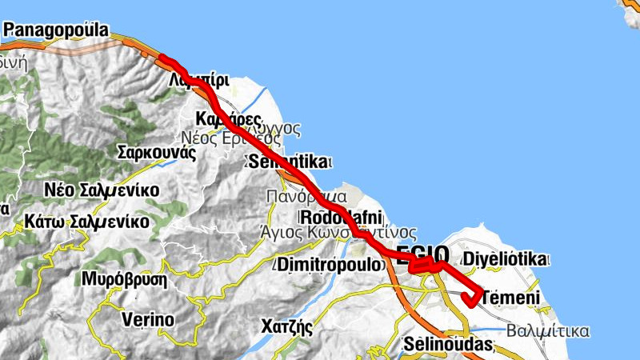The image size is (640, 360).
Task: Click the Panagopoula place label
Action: pyautogui.click(x=56, y=30)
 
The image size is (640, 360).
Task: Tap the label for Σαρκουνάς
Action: pyautogui.click(x=156, y=152)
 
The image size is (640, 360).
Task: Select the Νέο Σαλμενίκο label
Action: pyautogui.click(x=102, y=190)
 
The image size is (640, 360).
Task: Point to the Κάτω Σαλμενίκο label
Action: pyautogui.click(x=87, y=221)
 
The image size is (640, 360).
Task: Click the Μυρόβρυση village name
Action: pyautogui.click(x=124, y=280)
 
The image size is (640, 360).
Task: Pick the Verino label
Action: pyautogui.click(x=148, y=320)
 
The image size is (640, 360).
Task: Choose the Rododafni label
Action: pyautogui.click(x=342, y=217)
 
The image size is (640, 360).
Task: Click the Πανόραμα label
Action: pyautogui.click(x=307, y=196)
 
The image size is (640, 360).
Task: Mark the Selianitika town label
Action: pyautogui.click(x=288, y=162)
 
